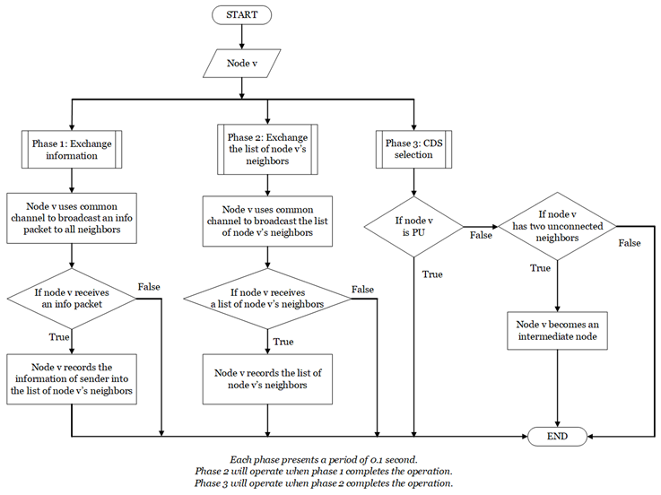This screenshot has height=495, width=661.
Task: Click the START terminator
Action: pyautogui.click(x=241, y=15)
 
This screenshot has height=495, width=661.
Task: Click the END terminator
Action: pyautogui.click(x=559, y=436)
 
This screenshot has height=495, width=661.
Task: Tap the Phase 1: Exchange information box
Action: pyautogui.click(x=71, y=150)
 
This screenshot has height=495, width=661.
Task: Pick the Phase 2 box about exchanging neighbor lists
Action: pyautogui.click(x=267, y=150)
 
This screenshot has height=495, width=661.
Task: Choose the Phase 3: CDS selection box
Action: pyautogui.click(x=413, y=150)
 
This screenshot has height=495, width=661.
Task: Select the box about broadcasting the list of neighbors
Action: pyautogui.click(x=267, y=221)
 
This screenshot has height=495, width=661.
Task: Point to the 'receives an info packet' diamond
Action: pyautogui.click(x=71, y=299)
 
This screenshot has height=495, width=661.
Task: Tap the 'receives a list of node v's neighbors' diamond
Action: pyautogui.click(x=267, y=299)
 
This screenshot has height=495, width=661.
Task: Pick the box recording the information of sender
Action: pyautogui.click(x=71, y=378)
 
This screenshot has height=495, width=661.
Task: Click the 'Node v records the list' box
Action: pyautogui.click(x=267, y=378)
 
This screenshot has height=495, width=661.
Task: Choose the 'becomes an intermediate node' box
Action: pyautogui.click(x=558, y=329)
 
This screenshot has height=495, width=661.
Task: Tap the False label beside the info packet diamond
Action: pyautogui.click(x=150, y=287)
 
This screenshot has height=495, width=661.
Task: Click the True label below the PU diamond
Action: pyautogui.click(x=432, y=274)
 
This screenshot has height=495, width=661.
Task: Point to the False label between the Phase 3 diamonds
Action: pyautogui.click(x=481, y=237)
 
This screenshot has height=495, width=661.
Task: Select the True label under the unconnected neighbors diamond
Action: pyautogui.click(x=541, y=268)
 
